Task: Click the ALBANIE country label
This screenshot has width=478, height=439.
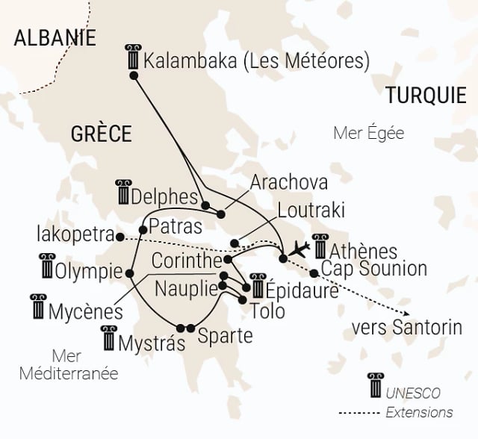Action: [55, 38]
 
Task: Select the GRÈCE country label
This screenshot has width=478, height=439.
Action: [101, 134]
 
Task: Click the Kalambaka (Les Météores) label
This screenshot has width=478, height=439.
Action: [257, 60]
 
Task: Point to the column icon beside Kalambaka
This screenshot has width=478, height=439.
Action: [134, 57]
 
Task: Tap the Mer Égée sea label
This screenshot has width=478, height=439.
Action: [368, 134]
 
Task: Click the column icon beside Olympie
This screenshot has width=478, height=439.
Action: [48, 265]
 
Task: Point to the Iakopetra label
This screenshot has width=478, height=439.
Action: [73, 234]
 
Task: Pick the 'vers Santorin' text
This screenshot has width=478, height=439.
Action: [406, 327]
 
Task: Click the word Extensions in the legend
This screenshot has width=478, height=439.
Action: [419, 412]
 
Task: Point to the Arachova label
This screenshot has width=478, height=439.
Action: [288, 182]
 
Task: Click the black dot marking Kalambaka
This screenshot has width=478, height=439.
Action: [134, 75]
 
